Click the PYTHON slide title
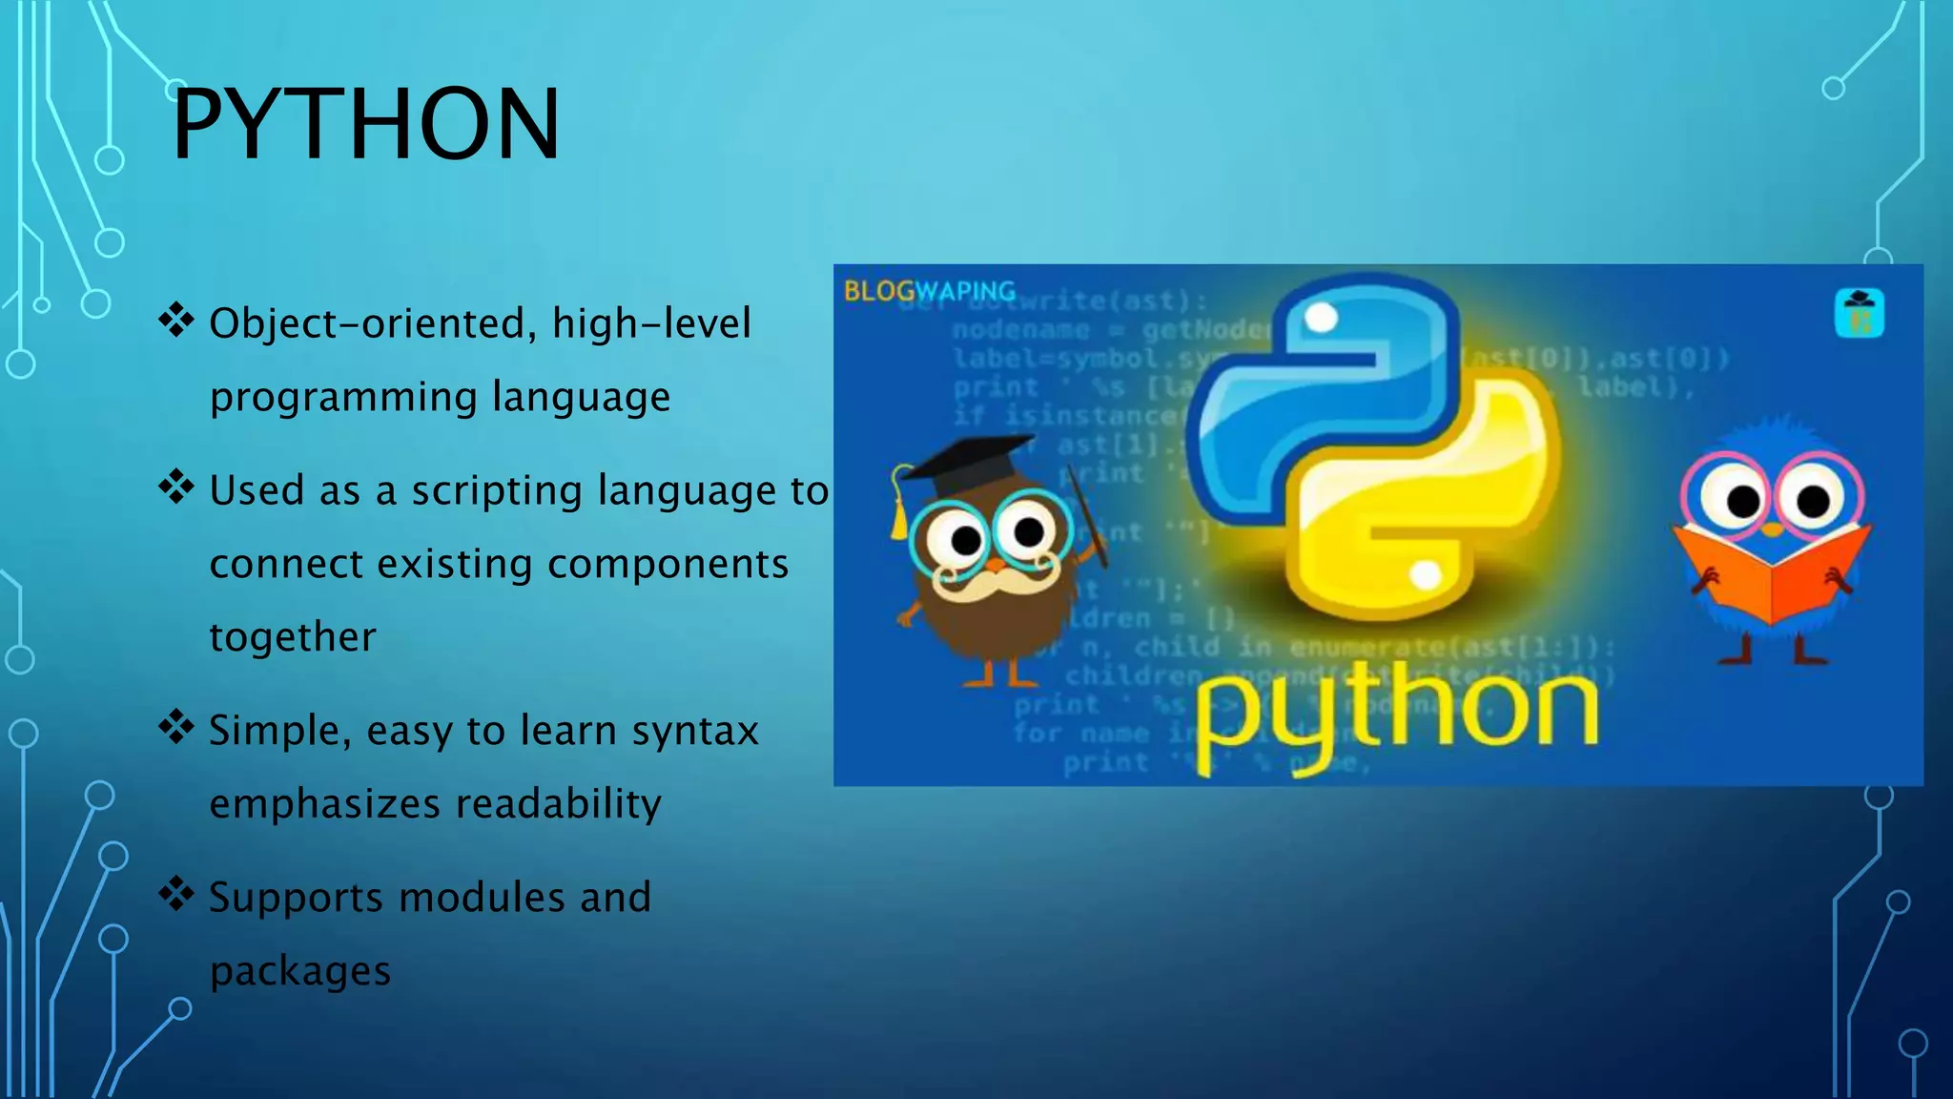tap(366, 124)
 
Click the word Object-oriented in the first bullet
tap(367, 323)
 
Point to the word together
tap(293, 637)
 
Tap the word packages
tap(300, 972)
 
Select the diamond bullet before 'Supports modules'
tap(176, 894)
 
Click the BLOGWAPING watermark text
tap(929, 291)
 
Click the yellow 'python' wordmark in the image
tap(1394, 715)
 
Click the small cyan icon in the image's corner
tap(1859, 313)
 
